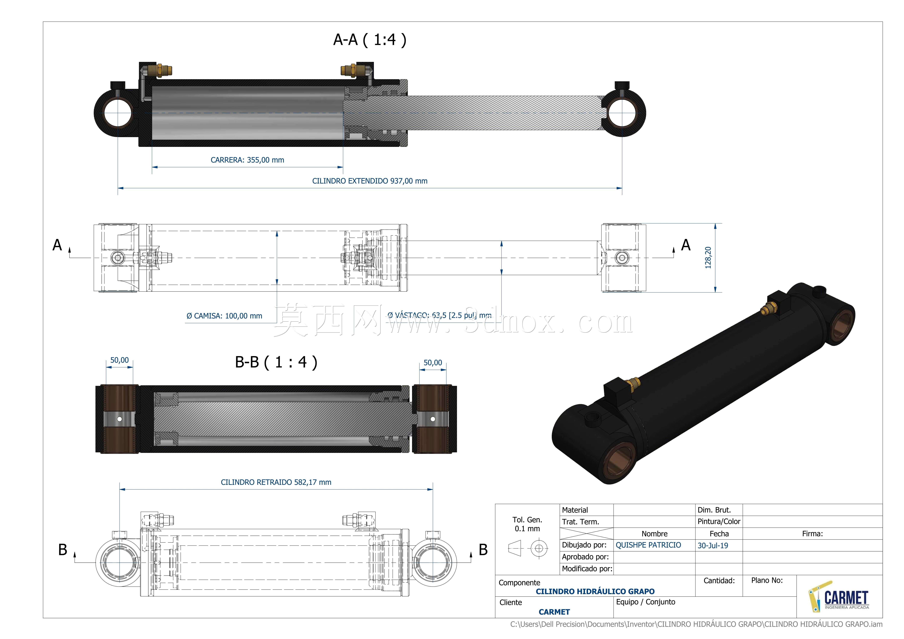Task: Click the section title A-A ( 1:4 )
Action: pyautogui.click(x=370, y=40)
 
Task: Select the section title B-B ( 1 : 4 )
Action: pyautogui.click(x=276, y=362)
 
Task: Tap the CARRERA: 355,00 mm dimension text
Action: pyautogui.click(x=247, y=160)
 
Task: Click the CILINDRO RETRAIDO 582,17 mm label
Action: pyautogui.click(x=276, y=482)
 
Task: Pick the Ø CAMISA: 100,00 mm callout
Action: pyautogui.click(x=224, y=316)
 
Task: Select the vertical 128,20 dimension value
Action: pyautogui.click(x=708, y=258)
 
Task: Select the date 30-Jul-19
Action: pyautogui.click(x=713, y=546)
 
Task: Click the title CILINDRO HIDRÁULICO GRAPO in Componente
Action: pyautogui.click(x=595, y=591)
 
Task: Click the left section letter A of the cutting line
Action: pyautogui.click(x=57, y=245)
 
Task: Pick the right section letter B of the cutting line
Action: pyautogui.click(x=483, y=550)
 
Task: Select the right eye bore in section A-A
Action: pyautogui.click(x=622, y=113)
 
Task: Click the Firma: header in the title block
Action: pyautogui.click(x=812, y=534)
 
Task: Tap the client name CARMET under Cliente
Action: pyautogui.click(x=554, y=612)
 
